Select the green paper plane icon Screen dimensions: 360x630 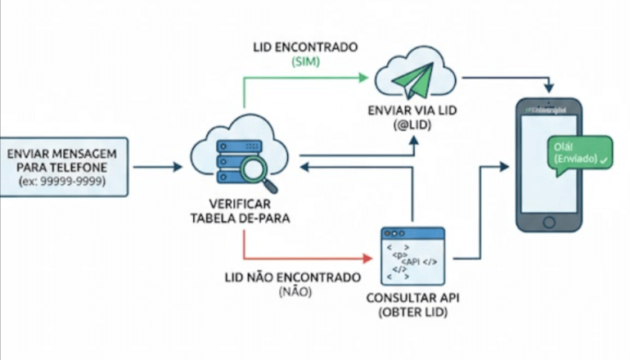point(416,79)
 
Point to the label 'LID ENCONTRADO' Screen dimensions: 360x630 point(304,47)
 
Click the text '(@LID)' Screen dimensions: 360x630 point(413,125)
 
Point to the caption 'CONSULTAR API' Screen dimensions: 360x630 point(411,297)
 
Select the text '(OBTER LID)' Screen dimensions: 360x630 point(411,312)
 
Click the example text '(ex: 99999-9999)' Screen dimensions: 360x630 point(63,182)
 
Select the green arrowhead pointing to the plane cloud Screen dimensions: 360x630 point(365,79)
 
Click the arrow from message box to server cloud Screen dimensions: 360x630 point(157,167)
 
